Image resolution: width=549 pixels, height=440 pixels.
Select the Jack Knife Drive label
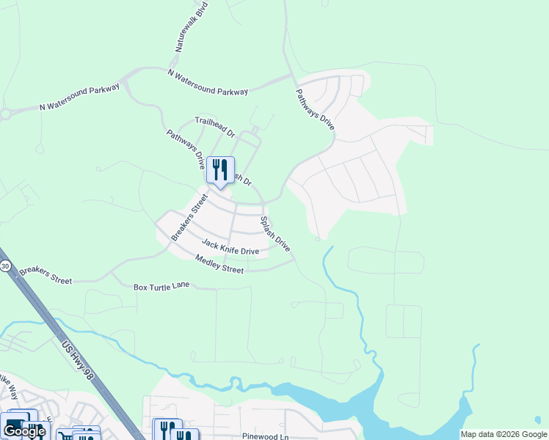tap(230, 246)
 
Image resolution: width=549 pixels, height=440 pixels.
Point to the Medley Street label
tap(219, 264)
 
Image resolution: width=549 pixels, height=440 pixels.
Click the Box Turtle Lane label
tap(161, 287)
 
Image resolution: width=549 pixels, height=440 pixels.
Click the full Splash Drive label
tap(276, 234)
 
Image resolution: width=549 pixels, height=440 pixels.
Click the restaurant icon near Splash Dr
tap(220, 170)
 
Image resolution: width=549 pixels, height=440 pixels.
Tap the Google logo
tap(23, 431)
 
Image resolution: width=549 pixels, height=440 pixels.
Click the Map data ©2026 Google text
tap(503, 434)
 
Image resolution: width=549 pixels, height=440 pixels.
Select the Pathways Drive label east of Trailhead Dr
tap(316, 110)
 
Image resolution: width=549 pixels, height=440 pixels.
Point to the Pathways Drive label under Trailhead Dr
tap(185, 149)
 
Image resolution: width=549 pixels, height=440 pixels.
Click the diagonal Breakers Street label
tap(185, 217)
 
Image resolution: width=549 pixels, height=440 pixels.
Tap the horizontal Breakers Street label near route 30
tap(46, 275)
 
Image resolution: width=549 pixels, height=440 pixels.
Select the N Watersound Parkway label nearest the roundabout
tap(79, 97)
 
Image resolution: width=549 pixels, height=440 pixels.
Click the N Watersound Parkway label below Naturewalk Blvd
tap(208, 82)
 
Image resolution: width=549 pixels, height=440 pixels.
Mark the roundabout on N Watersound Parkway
tap(6, 114)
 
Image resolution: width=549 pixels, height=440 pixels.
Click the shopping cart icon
tap(65, 436)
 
